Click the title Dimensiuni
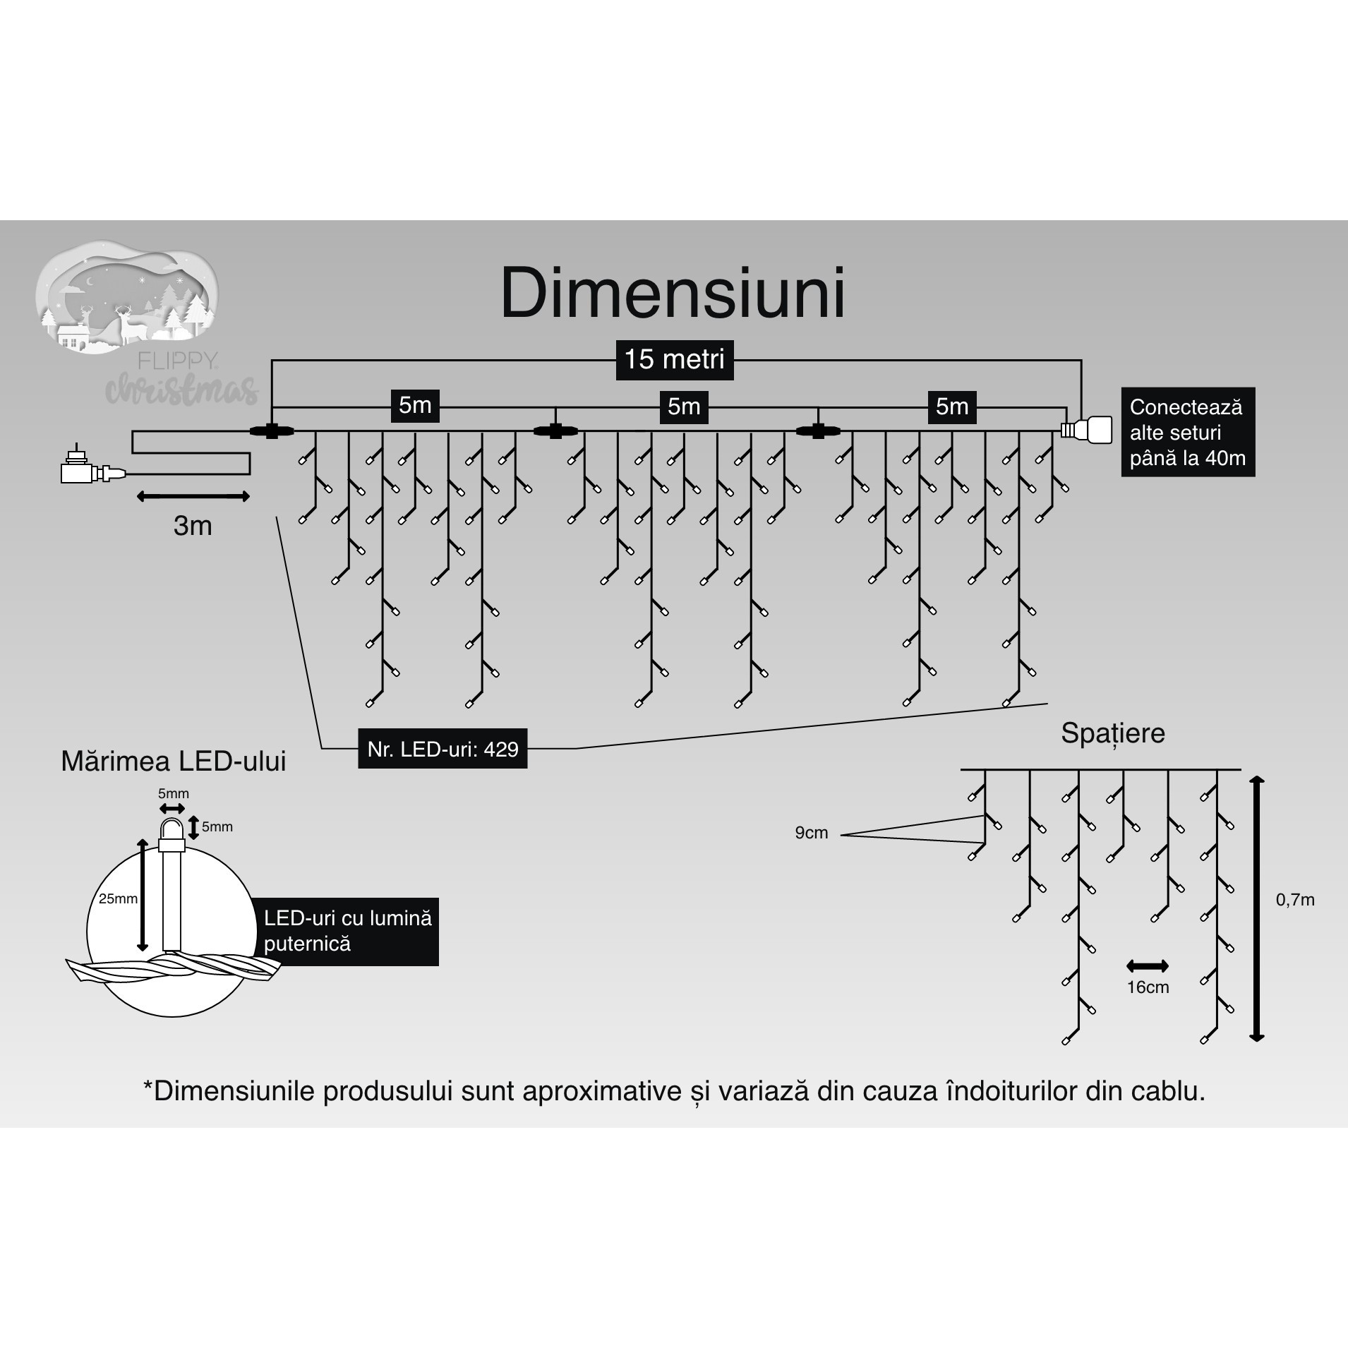(x=673, y=294)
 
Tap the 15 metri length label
(x=674, y=360)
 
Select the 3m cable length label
(x=193, y=526)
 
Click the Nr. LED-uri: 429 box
(x=443, y=750)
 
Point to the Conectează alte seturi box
(x=1188, y=432)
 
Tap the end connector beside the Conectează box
(x=1085, y=429)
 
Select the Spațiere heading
(x=1112, y=733)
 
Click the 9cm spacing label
(x=811, y=833)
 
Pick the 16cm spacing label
(x=1148, y=987)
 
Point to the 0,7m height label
(x=1295, y=900)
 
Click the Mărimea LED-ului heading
(x=174, y=762)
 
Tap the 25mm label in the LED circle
(x=118, y=899)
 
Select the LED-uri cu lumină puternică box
(x=347, y=931)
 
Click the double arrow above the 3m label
(x=193, y=497)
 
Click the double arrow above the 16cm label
(x=1148, y=965)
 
